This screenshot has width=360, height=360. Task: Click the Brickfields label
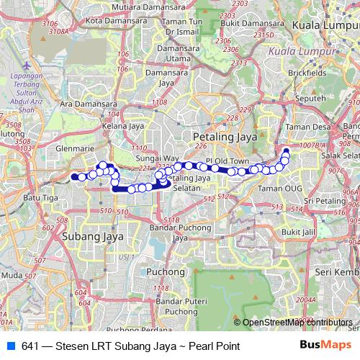point(307,73)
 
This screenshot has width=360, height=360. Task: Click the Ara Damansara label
point(88,104)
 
